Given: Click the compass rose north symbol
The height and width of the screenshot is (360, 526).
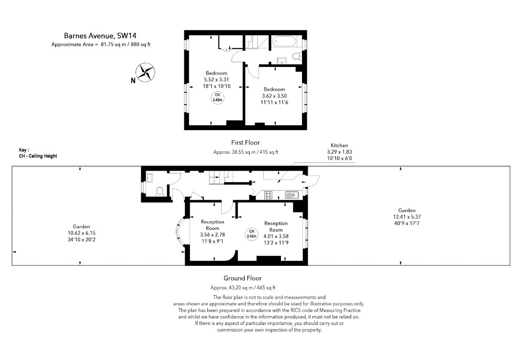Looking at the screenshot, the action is pos(145,73).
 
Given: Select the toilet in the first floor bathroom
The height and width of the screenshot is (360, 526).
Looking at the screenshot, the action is pos(297,56).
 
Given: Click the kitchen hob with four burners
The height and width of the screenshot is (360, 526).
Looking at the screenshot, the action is pos(268,195).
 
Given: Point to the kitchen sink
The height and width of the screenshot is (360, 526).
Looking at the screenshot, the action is pos(291,195).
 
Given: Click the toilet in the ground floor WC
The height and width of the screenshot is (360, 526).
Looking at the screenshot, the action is pos(160,192).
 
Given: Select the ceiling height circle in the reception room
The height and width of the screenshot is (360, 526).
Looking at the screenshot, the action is pos(252,234).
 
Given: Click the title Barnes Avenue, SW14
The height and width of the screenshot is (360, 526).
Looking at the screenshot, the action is pos(100,35).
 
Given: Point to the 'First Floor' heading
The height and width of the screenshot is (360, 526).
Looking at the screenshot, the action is pos(245,142).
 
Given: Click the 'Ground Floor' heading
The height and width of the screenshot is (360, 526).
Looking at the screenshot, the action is pos(242,278).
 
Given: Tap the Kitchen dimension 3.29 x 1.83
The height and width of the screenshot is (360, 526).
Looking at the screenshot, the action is pos(339,152).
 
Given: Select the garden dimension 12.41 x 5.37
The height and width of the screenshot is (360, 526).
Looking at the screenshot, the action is pos(407,217).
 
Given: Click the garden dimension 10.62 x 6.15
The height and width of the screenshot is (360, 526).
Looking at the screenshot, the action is pos(82,233).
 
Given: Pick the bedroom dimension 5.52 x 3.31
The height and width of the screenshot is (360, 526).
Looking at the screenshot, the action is pos(216,80).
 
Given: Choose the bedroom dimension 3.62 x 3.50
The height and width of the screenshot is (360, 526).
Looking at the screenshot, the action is pos(274,96).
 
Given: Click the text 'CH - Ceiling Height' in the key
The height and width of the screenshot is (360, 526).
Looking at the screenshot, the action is pos(38,156).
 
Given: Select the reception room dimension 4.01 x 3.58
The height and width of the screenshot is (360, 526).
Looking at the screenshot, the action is pos(276,236).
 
